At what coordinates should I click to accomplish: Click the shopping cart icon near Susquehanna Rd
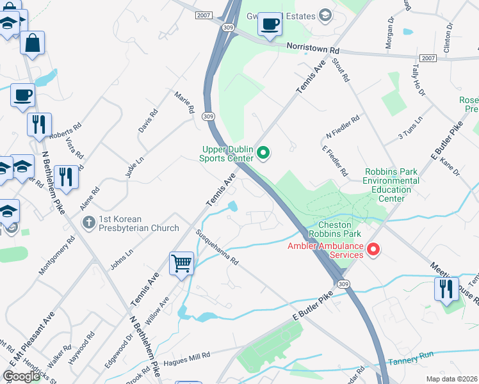182,263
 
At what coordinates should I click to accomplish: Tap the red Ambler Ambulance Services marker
373,250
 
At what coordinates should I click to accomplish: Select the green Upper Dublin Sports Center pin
264,153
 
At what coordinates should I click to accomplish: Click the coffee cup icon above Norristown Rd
270,24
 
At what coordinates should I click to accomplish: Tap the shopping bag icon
31,44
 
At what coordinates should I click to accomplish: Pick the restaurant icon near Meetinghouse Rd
446,289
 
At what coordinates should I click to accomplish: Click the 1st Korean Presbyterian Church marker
89,223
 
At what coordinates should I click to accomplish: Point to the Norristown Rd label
313,49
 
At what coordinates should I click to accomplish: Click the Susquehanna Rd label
217,248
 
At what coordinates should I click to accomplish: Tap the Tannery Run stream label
419,357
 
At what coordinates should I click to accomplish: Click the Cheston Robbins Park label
330,230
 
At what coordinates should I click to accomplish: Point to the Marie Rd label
184,102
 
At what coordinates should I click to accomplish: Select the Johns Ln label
121,260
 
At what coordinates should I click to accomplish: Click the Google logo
22,376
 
